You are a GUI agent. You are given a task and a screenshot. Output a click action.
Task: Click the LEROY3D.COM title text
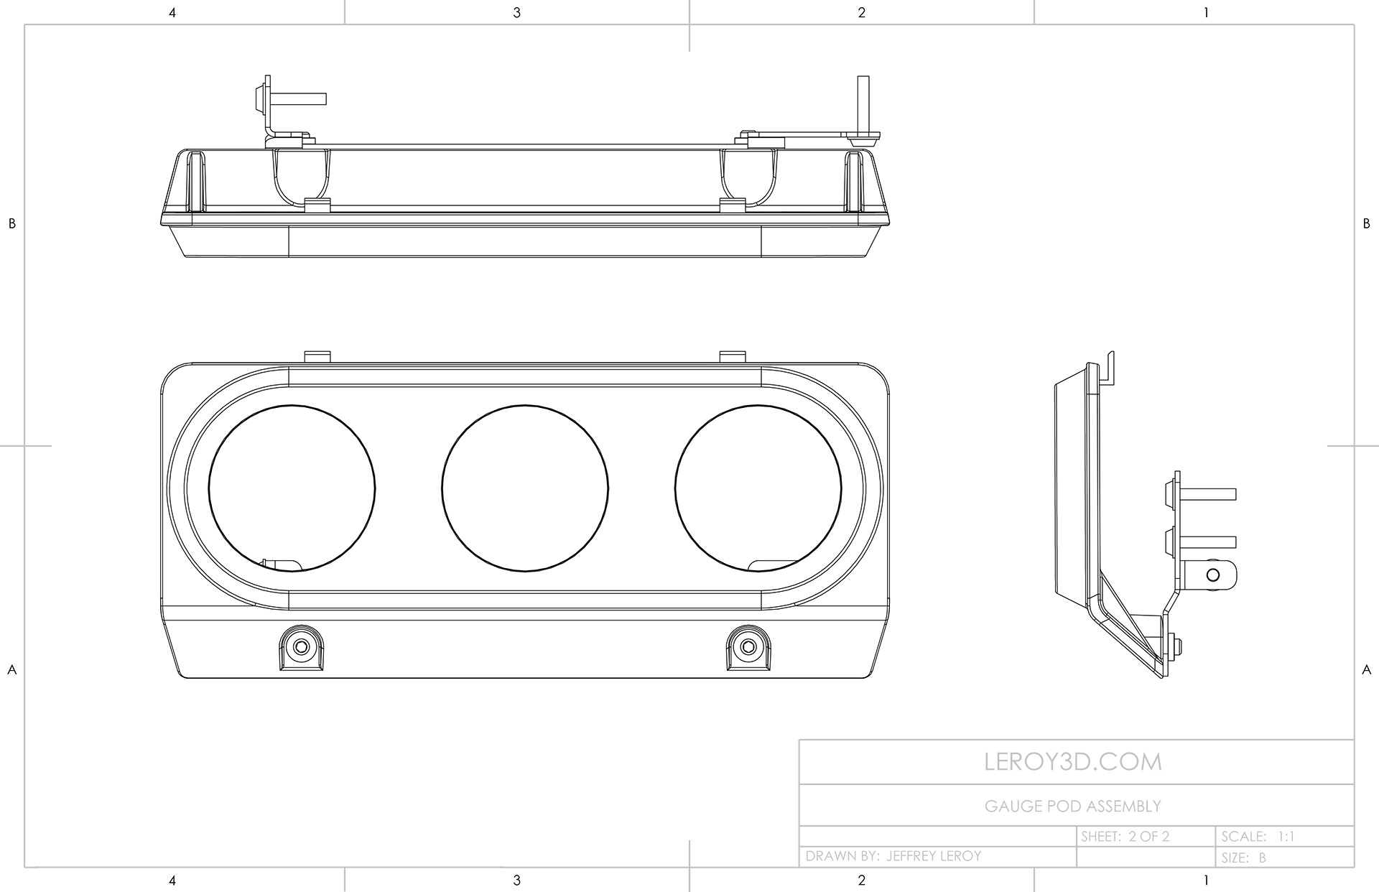tap(1073, 762)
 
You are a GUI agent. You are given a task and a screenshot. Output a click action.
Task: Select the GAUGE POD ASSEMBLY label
tap(1072, 807)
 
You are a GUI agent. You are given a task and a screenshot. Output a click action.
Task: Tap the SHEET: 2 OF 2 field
tap(1125, 837)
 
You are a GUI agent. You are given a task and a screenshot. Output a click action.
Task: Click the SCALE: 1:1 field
tap(1258, 837)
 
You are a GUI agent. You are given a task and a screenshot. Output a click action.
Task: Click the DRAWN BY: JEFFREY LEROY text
tap(893, 856)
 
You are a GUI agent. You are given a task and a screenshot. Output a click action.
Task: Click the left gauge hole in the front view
tap(292, 488)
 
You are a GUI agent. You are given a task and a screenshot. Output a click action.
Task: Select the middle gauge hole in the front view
tap(525, 488)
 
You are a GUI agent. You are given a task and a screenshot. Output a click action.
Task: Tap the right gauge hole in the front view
tap(758, 488)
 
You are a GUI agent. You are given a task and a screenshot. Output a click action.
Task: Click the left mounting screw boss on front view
tap(302, 647)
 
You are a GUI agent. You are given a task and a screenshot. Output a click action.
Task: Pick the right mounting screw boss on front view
tap(748, 647)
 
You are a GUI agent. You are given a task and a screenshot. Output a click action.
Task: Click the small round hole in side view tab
tap(1213, 575)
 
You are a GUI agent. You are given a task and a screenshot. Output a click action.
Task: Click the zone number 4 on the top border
tap(172, 12)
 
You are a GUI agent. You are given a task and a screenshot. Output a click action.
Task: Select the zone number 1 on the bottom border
tap(1206, 880)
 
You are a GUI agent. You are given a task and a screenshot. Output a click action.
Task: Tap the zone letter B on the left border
tap(11, 223)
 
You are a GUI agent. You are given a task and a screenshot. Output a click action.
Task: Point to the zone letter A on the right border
tap(1366, 669)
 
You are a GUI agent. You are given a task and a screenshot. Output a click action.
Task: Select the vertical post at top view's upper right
tap(864, 103)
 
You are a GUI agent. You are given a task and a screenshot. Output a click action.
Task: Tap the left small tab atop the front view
tap(317, 357)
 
